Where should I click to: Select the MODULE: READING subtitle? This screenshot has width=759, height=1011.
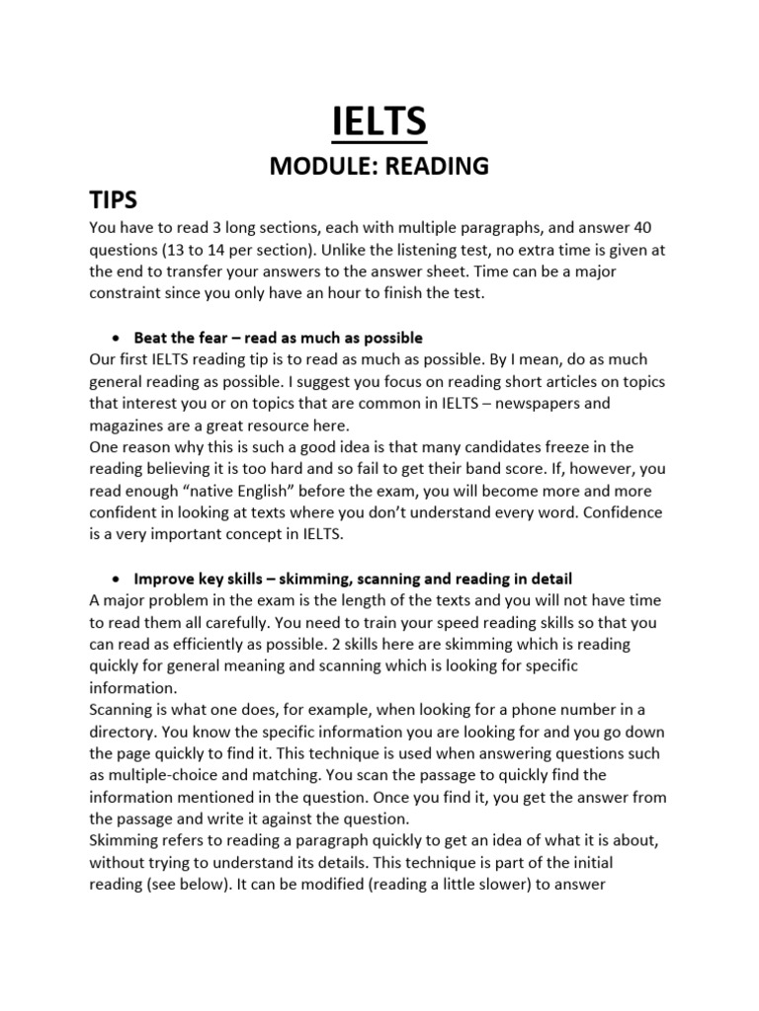[379, 167]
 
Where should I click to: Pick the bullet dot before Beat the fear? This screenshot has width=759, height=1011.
[116, 338]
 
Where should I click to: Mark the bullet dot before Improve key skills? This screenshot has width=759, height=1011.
[116, 578]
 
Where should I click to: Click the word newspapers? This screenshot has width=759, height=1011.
[575, 403]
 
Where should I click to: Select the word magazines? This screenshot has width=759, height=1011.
[131, 425]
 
